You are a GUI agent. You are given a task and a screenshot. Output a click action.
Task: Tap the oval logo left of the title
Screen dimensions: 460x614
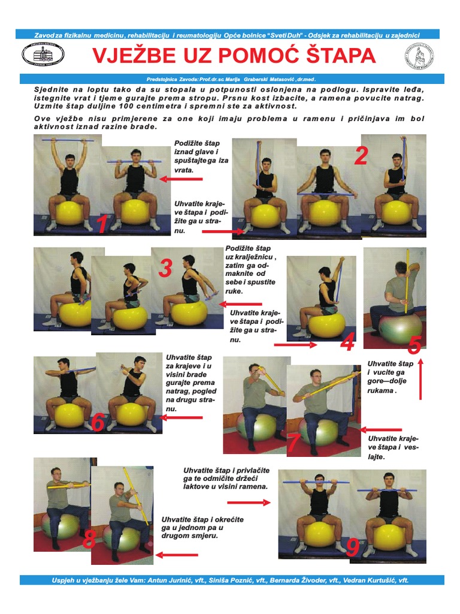[43, 55]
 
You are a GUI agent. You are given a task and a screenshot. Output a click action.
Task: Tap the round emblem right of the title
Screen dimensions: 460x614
[419, 56]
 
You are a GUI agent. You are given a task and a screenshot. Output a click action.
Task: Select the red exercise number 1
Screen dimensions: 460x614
[102, 224]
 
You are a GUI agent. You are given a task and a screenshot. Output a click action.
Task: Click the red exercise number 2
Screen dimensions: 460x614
[361, 155]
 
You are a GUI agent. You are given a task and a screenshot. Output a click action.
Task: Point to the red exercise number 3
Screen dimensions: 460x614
[165, 268]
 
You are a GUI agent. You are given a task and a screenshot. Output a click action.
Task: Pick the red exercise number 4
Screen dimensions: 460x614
[347, 342]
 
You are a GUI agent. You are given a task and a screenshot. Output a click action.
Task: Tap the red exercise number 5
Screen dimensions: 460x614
[414, 345]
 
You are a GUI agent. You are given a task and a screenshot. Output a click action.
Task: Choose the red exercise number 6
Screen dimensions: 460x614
[98, 423]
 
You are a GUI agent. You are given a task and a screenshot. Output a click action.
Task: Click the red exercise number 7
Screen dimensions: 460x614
[293, 443]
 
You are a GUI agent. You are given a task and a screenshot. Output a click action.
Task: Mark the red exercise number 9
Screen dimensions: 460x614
[353, 547]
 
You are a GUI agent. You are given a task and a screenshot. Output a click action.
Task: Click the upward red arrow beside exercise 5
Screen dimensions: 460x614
[420, 380]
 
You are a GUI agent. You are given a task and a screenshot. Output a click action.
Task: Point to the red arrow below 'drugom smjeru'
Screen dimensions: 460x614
[177, 555]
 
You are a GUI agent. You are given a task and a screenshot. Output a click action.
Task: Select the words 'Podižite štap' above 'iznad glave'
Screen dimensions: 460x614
[197, 143]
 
